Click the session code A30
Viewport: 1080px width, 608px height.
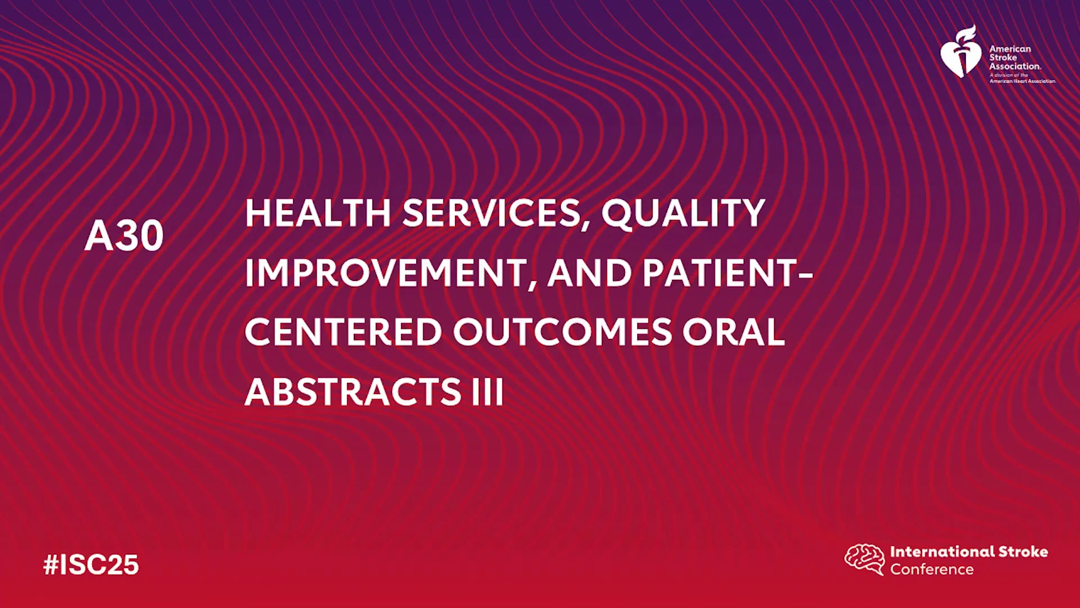124,235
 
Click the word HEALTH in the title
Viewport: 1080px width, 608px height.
318,213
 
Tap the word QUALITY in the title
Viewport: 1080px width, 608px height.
683,214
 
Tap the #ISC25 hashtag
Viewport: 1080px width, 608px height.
91,565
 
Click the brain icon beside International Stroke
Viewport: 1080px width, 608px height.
865,559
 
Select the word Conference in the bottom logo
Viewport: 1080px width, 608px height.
931,570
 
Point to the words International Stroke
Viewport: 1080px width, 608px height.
969,552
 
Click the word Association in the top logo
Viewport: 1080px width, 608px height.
1015,66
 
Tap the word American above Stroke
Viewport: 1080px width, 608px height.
1010,49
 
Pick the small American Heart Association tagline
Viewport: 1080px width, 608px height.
1023,78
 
